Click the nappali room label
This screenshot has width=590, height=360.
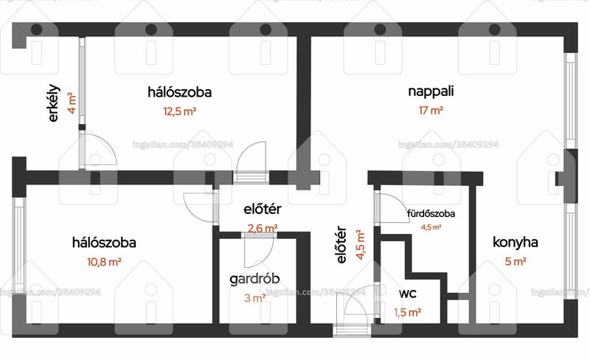tap(431, 91)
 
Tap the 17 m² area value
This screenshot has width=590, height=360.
tap(431, 111)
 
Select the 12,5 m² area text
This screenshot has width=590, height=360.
tap(179, 111)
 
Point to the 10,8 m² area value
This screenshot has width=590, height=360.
tap(104, 262)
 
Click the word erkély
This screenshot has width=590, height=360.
tap(54, 103)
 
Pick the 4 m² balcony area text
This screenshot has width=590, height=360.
tap(72, 103)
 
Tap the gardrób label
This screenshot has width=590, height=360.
tap(254, 279)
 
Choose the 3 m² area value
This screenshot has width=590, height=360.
tap(254, 298)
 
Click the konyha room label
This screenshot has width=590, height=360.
tap(515, 242)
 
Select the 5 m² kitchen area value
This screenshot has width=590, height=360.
tap(516, 261)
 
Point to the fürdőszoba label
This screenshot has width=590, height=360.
tap(431, 213)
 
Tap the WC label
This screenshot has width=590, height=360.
tap(408, 294)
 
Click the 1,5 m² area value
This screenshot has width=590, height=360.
tap(408, 312)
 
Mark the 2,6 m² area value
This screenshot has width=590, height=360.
tap(263, 228)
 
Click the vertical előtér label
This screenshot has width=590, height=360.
tap(341, 244)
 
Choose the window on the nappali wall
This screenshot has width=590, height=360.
tap(571, 100)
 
